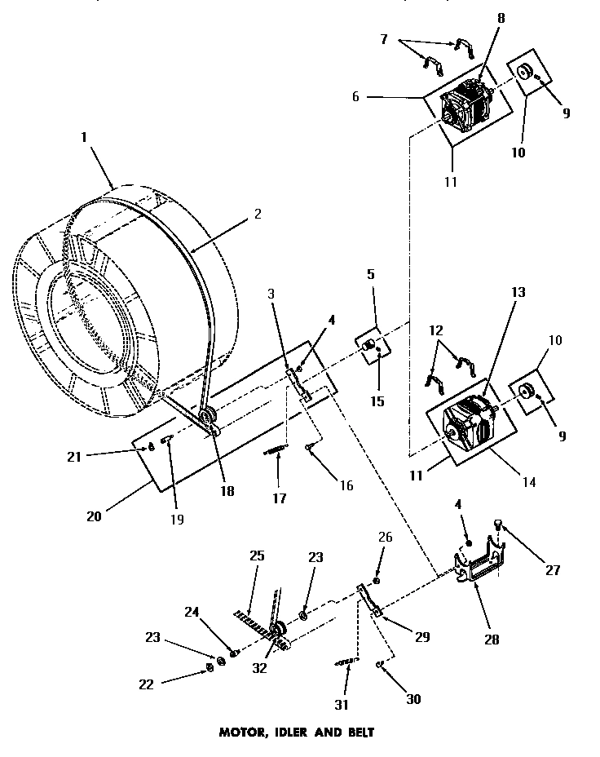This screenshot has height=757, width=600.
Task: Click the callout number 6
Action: [x=355, y=96]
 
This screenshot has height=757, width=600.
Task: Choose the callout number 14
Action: [x=529, y=482]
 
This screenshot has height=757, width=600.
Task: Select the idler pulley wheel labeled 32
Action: [x=277, y=631]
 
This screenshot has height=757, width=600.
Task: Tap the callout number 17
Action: [x=280, y=498]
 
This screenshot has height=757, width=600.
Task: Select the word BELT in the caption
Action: [x=357, y=732]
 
